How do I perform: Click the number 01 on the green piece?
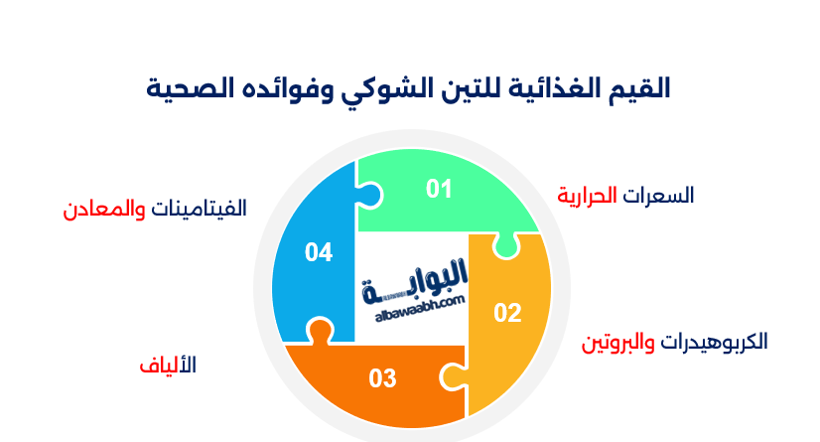(x=439, y=189)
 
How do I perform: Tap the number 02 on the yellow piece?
(x=507, y=313)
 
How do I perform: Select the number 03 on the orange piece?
(x=382, y=378)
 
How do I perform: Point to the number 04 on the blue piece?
(x=318, y=253)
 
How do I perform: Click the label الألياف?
(x=168, y=365)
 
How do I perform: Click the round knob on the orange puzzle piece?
(x=320, y=331)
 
